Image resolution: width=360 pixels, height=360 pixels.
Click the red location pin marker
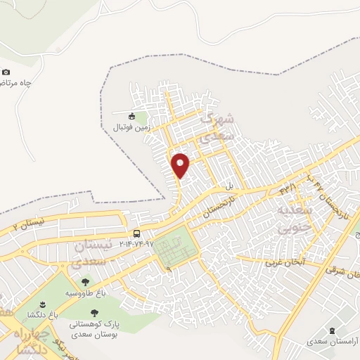[181, 165]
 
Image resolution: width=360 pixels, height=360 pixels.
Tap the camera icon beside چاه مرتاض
[6, 72]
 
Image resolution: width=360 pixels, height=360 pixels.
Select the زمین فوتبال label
[131, 128]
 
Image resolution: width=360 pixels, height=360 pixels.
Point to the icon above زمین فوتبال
[131, 116]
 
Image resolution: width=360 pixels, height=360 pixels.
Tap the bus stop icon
[136, 233]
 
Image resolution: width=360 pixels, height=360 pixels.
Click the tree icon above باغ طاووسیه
[85, 281]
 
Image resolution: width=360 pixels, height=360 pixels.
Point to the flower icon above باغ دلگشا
[42, 303]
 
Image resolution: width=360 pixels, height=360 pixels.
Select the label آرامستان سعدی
[333, 341]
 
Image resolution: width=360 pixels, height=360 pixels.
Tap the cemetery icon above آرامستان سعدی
[333, 330]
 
